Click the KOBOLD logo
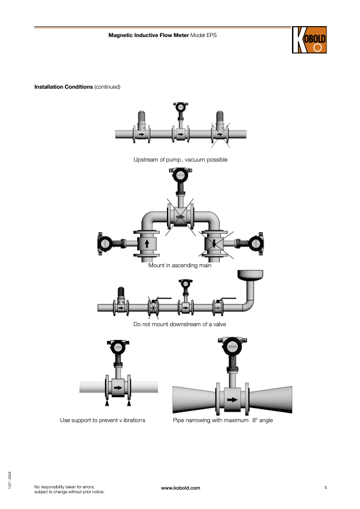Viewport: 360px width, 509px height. (x=309, y=39)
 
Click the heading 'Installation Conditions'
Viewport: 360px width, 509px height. (x=64, y=87)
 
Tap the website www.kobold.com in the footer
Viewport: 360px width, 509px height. (x=181, y=488)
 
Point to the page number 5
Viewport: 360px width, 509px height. (x=325, y=488)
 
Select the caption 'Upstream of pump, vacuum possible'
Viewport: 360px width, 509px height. (x=180, y=160)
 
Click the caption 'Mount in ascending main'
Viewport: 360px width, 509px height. (x=180, y=265)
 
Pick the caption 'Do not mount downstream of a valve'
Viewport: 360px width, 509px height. (x=180, y=324)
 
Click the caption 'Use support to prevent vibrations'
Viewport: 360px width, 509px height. (x=103, y=420)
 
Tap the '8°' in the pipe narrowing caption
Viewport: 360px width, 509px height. (x=254, y=420)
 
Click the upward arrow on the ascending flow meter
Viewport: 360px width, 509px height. (x=146, y=244)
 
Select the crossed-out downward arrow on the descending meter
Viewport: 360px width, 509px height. (x=214, y=244)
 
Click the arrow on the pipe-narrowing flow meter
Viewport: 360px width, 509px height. (x=233, y=400)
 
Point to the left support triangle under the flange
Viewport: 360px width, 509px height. (x=107, y=403)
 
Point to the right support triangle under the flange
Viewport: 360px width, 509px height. (x=129, y=403)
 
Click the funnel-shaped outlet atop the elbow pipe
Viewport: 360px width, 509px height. (x=250, y=275)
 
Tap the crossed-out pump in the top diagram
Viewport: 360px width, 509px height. (x=220, y=129)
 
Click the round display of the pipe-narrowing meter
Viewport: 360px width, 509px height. (x=231, y=347)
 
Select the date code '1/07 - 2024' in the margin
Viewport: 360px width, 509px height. (x=10, y=480)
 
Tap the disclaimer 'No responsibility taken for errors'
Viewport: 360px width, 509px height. (x=64, y=487)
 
